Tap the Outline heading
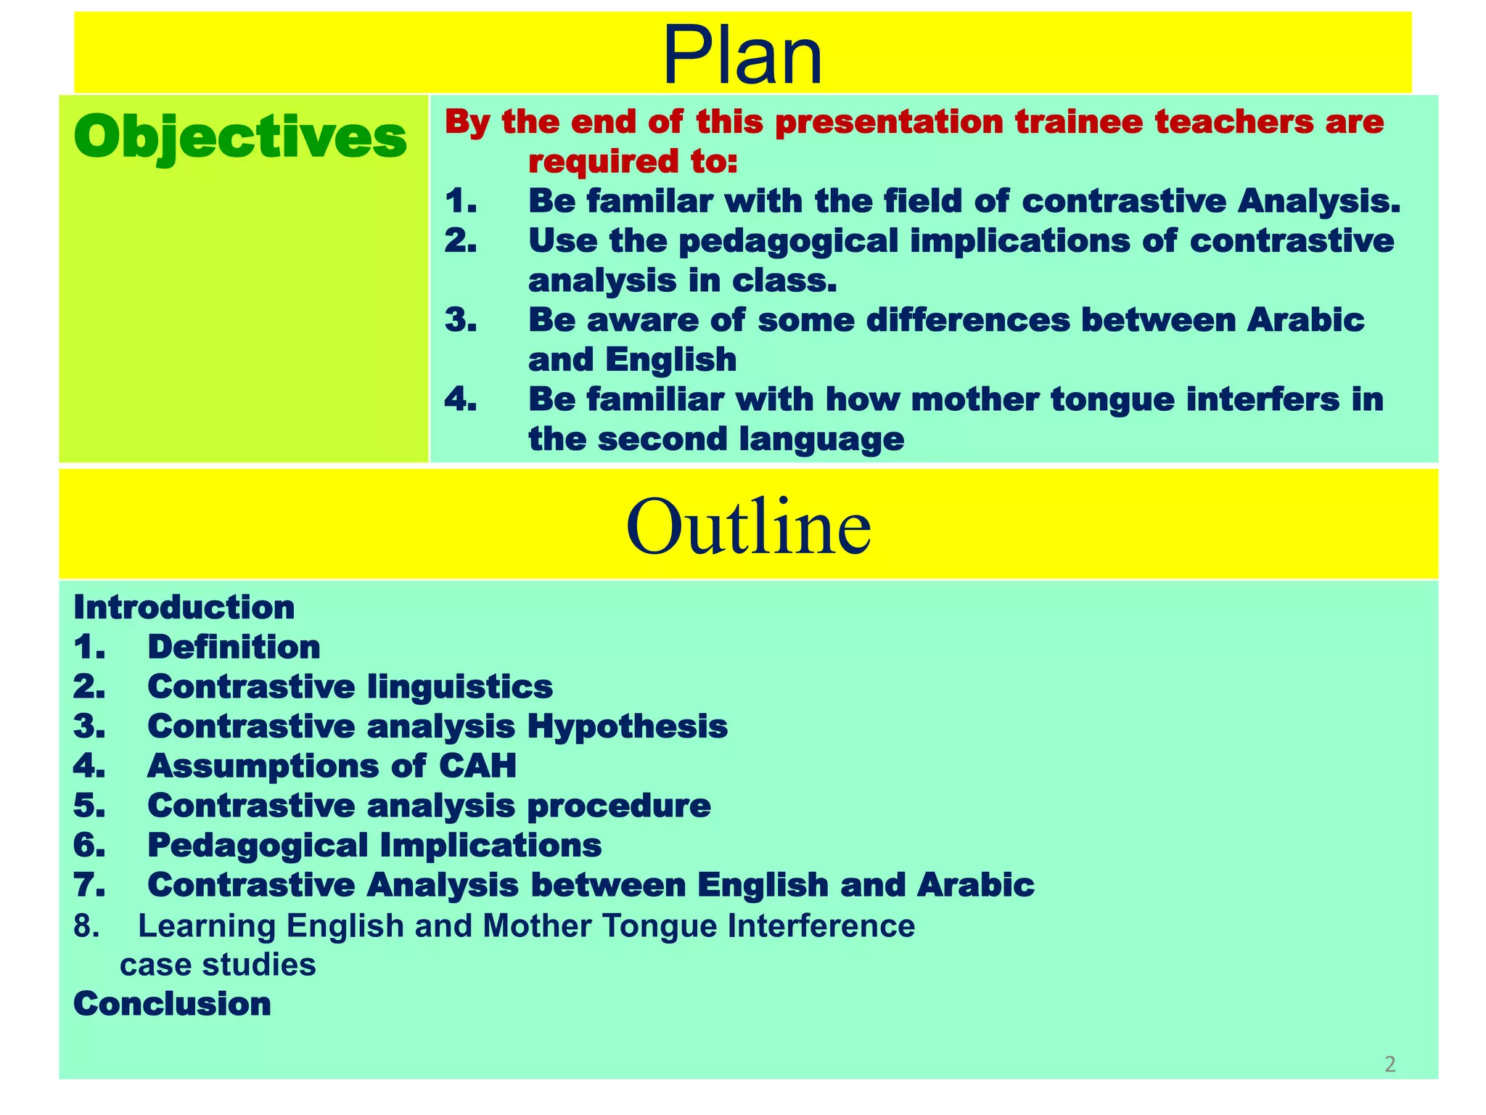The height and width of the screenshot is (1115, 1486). pyautogui.click(x=748, y=525)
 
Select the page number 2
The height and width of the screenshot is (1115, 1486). pyautogui.click(x=1389, y=1064)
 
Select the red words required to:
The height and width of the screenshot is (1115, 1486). pyautogui.click(x=632, y=162)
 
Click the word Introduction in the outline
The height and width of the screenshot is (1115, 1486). pyautogui.click(x=184, y=608)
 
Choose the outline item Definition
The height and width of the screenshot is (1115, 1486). pyautogui.click(x=234, y=647)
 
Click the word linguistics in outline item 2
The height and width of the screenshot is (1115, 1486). pyautogui.click(x=460, y=687)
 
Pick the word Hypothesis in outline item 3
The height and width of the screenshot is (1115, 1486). pyautogui.click(x=627, y=726)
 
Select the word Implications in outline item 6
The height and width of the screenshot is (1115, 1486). pyautogui.click(x=490, y=845)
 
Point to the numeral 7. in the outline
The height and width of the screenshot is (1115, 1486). pyautogui.click(x=89, y=885)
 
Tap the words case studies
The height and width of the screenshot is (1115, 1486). pyautogui.click(x=218, y=965)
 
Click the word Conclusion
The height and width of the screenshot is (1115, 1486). pyautogui.click(x=173, y=1004)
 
